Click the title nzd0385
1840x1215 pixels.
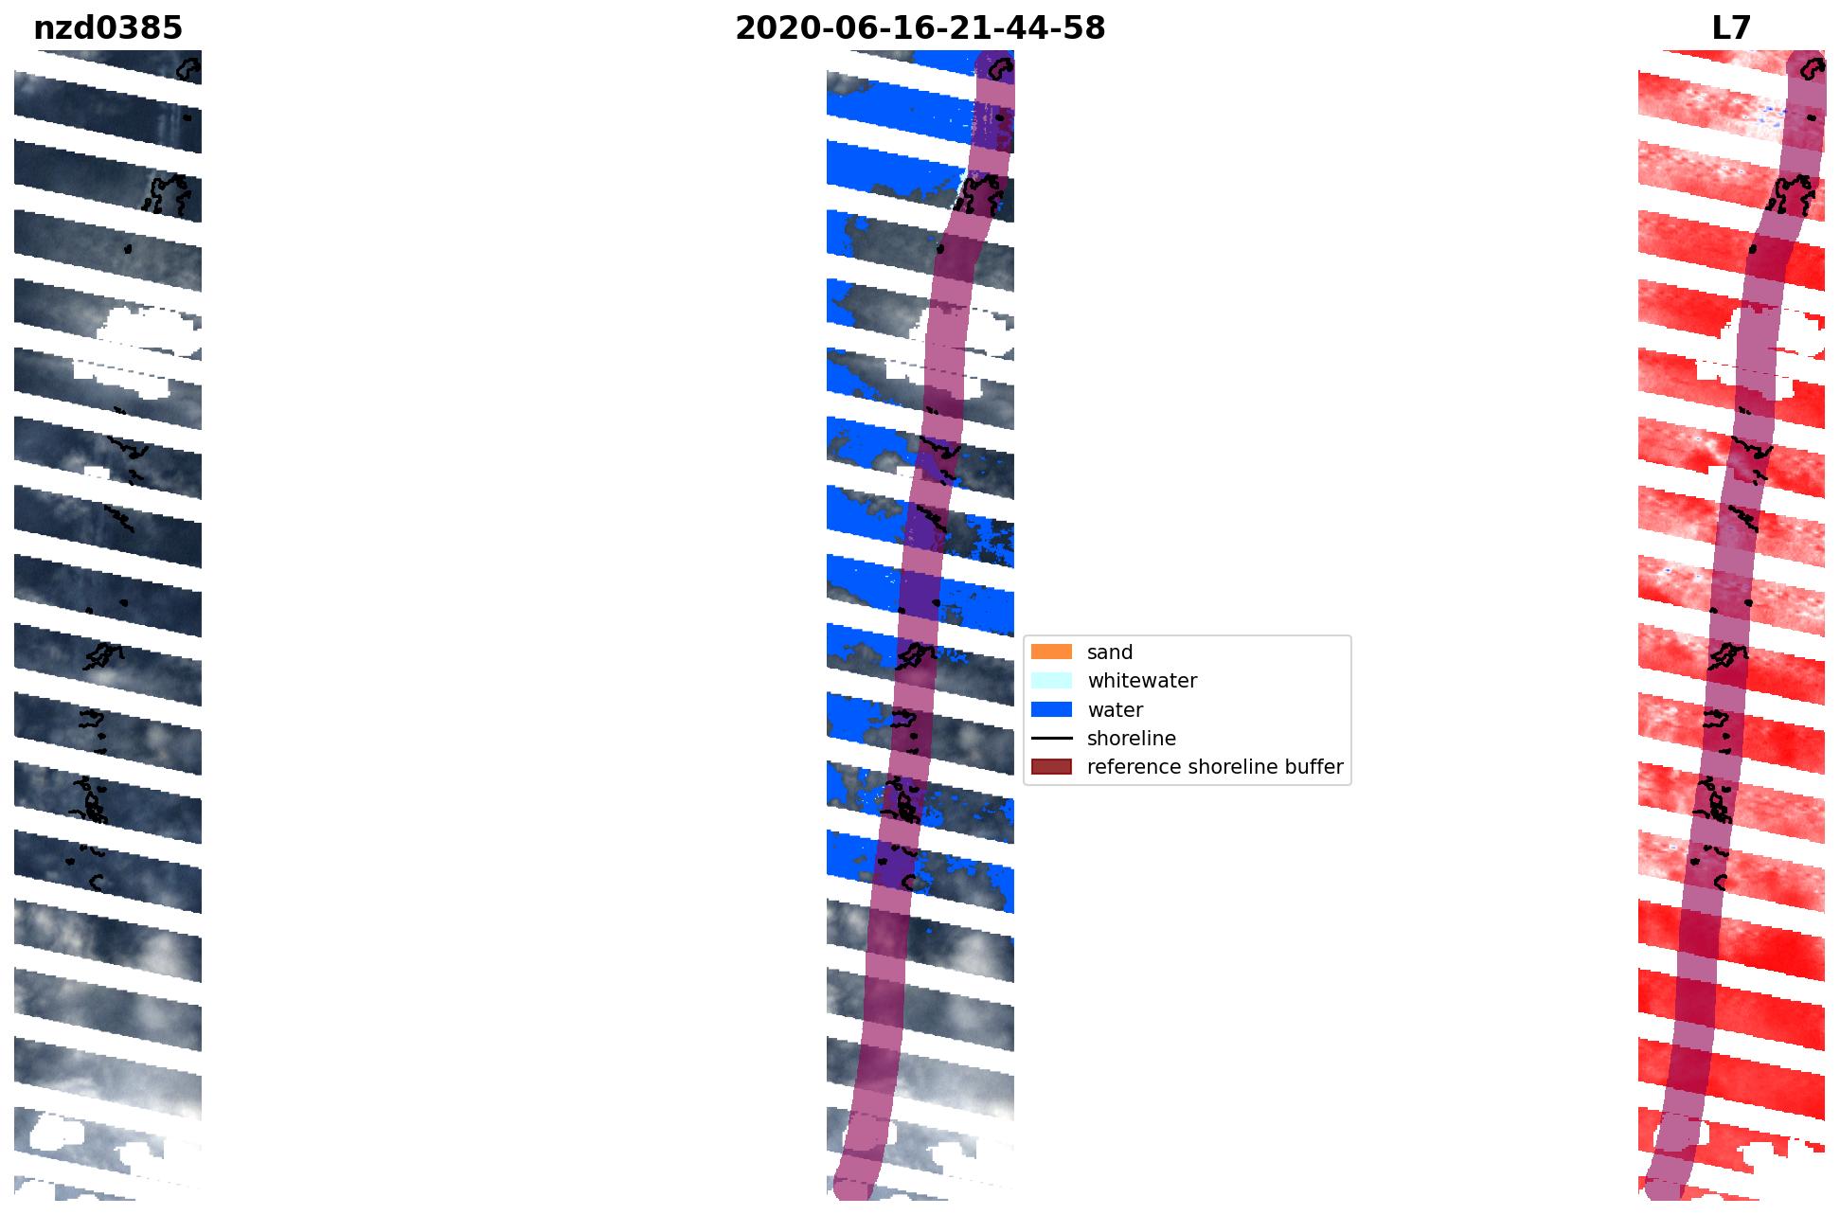107,28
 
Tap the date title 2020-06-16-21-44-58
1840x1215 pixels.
920,28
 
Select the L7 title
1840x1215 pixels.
1731,28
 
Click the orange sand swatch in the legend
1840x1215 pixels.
1051,652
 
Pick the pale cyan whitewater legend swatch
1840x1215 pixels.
1051,680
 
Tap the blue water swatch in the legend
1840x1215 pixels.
1051,709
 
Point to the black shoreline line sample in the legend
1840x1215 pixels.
1051,738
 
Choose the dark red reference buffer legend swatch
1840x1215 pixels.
1051,766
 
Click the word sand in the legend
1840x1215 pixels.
1110,652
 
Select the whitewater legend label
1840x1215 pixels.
1142,681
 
